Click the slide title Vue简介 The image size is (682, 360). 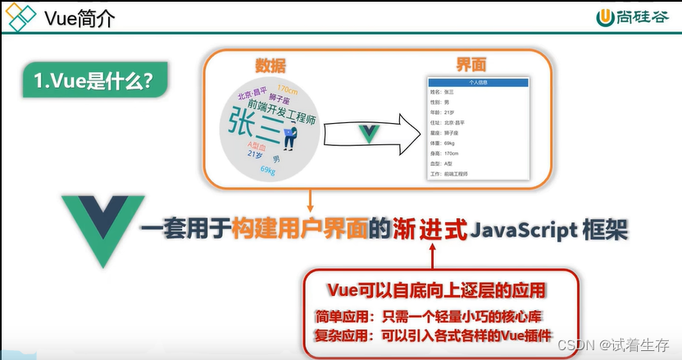click(x=79, y=19)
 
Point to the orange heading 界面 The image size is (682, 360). click(x=472, y=66)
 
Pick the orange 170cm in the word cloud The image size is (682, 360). click(x=287, y=89)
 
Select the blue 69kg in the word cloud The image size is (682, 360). click(x=267, y=170)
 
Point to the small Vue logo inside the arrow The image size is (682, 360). click(x=370, y=134)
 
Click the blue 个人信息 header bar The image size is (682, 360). click(x=478, y=83)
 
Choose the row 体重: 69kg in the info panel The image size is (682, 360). click(x=449, y=143)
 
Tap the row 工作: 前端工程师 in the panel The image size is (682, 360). click(x=455, y=174)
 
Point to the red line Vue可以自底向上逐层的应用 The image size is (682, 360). click(x=437, y=290)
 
